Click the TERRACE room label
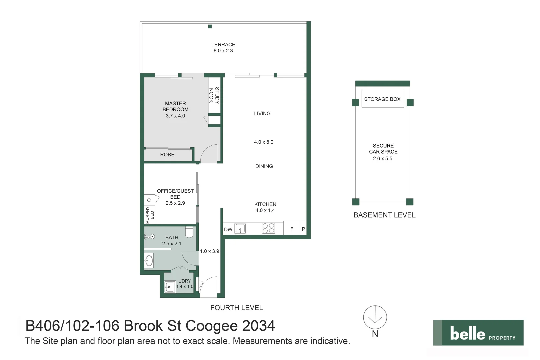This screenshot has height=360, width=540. (x=223, y=45)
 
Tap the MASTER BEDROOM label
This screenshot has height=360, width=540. (x=175, y=106)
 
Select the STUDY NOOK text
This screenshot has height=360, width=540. (x=214, y=95)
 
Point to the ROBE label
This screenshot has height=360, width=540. (x=167, y=155)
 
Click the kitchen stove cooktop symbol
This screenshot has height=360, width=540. (x=268, y=228)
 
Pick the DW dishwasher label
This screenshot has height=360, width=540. (x=228, y=229)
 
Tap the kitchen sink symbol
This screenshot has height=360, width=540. (x=240, y=229)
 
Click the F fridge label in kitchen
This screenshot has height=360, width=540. (x=292, y=229)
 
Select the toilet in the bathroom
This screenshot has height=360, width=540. (x=189, y=232)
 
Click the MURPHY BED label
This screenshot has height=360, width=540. (x=150, y=215)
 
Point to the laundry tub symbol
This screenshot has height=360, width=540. (x=170, y=287)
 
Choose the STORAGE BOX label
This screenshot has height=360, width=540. (x=382, y=99)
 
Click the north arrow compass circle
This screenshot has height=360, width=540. (x=375, y=317)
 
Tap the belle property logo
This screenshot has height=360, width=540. (x=478, y=333)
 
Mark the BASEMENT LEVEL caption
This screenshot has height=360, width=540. (x=384, y=215)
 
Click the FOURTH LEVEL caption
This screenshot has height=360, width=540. (x=236, y=308)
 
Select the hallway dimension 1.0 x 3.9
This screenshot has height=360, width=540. (x=209, y=251)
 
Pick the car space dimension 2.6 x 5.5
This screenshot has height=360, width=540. (x=383, y=159)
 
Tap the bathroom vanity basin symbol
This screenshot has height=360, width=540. (x=149, y=260)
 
